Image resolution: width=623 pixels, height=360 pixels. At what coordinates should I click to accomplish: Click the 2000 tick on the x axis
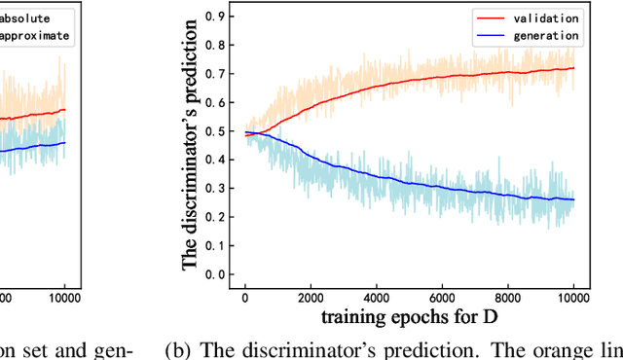pos(311,298)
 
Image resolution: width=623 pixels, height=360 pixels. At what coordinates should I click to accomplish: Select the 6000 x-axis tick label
pos(442,298)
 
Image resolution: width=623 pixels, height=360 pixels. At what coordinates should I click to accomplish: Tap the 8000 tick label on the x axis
pos(508,298)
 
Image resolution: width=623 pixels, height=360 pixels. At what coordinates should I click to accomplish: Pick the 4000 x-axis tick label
pos(377,298)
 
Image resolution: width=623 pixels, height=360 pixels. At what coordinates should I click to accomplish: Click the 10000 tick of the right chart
pos(573,298)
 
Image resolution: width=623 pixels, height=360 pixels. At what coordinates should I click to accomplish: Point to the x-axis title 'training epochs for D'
pos(409,317)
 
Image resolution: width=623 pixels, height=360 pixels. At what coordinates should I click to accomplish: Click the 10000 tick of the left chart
pos(64,298)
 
